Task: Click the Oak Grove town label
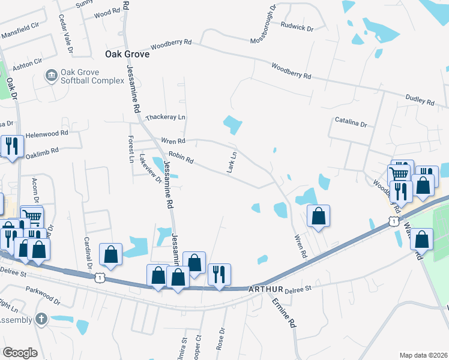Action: point(127,53)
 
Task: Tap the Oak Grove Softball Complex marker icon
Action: point(52,75)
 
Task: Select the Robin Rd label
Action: point(181,158)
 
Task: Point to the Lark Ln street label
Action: point(232,163)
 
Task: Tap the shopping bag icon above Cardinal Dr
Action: point(111,254)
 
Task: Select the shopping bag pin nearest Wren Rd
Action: point(318,215)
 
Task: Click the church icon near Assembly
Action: point(41,319)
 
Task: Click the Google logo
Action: point(20,353)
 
